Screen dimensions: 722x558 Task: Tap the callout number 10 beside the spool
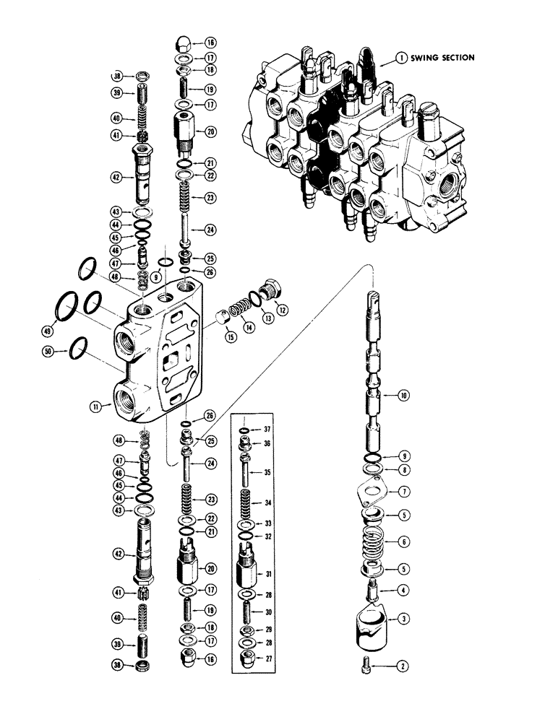403,395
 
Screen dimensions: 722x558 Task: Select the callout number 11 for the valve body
95,407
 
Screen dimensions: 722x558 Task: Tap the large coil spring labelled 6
373,542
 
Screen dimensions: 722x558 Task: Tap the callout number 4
403,590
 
